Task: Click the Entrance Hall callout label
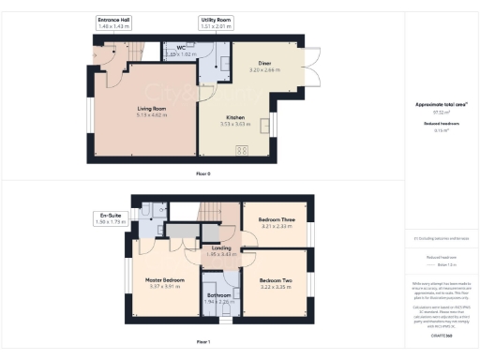tap(113, 20)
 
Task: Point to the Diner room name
tap(252, 62)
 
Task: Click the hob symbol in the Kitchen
tap(241, 149)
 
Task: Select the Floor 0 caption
tap(202, 173)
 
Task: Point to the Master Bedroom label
tap(164, 280)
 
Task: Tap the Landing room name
tap(221, 247)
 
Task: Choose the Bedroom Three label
tap(276, 219)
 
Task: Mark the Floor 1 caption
tap(202, 343)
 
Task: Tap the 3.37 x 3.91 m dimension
tap(164, 287)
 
